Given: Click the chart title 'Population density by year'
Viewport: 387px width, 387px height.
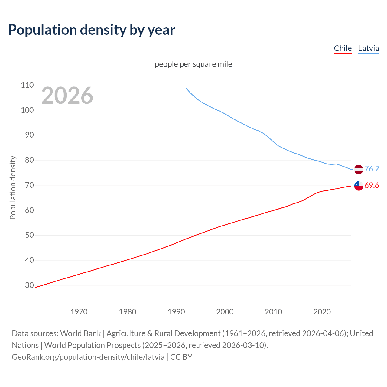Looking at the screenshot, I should click(92, 30).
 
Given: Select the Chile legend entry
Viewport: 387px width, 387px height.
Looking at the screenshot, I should click(343, 48).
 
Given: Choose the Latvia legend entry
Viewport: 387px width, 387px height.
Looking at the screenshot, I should click(368, 48).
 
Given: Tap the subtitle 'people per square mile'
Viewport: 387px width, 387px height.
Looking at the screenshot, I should click(193, 64).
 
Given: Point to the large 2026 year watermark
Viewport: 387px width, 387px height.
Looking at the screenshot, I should click(67, 96).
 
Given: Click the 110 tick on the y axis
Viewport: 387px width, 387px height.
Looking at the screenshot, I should click(27, 85).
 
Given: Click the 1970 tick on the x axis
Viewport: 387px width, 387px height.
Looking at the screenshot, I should click(79, 312).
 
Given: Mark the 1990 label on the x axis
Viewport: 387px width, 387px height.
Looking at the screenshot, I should click(176, 312).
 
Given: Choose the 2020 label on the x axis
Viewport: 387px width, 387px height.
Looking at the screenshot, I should click(322, 312).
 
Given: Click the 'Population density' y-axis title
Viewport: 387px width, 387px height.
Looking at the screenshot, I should click(13, 187).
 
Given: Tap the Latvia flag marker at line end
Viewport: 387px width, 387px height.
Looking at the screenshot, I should click(358, 169).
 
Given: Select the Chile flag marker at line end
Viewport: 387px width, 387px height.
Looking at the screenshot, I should click(358, 186).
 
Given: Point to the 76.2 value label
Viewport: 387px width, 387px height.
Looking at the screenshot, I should click(372, 169).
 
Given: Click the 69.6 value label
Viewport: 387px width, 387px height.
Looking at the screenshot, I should click(372, 185).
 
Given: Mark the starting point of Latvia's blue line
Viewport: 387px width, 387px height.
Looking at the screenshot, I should click(186, 88).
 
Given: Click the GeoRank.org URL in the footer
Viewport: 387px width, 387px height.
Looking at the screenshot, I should click(88, 357).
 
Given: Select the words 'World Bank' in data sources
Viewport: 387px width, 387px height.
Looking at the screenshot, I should click(80, 333).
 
